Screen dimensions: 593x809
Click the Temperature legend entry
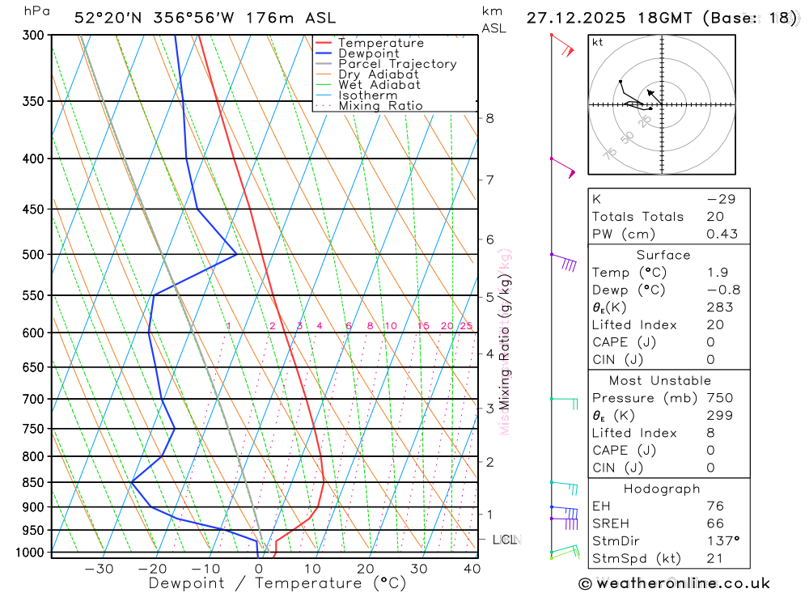pyautogui.click(x=380, y=43)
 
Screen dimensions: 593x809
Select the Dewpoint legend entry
pyautogui.click(x=368, y=53)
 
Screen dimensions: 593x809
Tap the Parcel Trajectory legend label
pyautogui.click(x=397, y=64)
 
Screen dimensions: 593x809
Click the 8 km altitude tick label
pyautogui.click(x=489, y=118)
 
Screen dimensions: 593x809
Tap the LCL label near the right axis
pyautogui.click(x=504, y=540)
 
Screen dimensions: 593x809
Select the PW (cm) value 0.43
pyautogui.click(x=722, y=234)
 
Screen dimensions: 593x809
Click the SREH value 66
pyautogui.click(x=715, y=523)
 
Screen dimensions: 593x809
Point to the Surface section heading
pyautogui.click(x=663, y=255)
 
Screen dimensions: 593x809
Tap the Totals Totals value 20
pyautogui.click(x=715, y=216)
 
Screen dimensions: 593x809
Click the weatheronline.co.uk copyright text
pyautogui.click(x=674, y=583)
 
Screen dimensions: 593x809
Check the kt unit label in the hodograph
pyautogui.click(x=597, y=42)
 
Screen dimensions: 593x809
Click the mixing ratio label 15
pyautogui.click(x=423, y=326)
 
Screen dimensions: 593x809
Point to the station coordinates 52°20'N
pyautogui.click(x=106, y=18)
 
